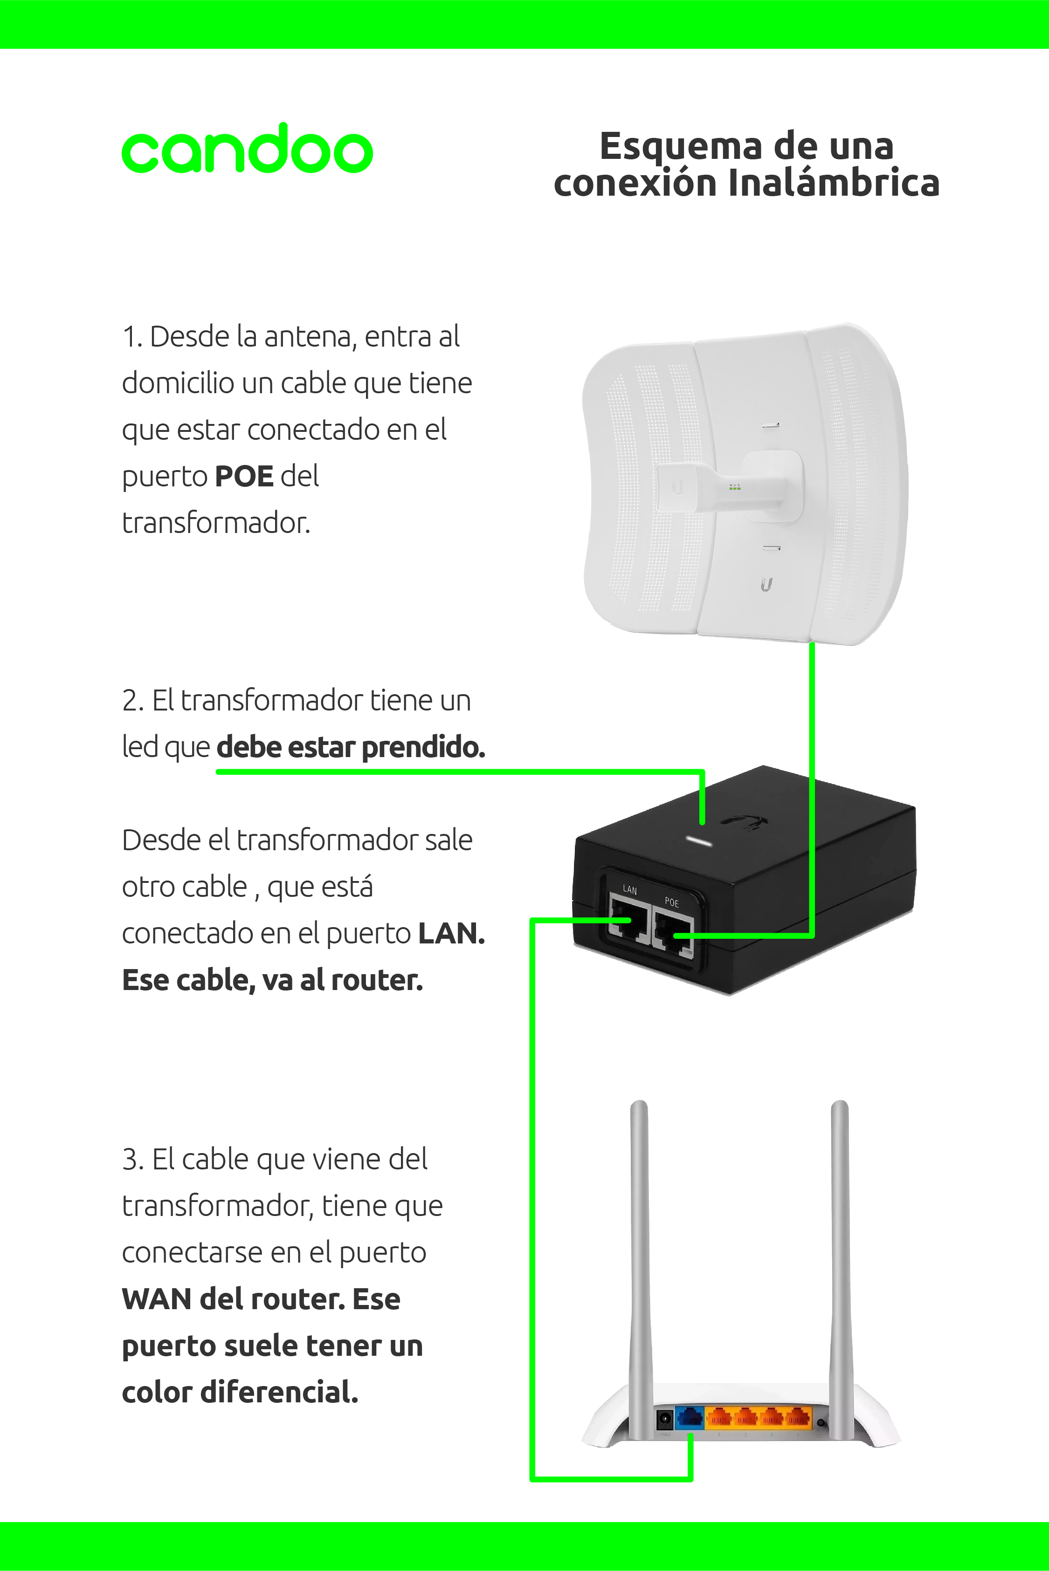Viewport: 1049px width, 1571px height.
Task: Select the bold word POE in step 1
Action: tap(244, 476)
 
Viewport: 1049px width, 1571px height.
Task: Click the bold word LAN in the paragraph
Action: tap(452, 933)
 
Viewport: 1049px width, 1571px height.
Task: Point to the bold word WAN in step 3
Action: tap(157, 1299)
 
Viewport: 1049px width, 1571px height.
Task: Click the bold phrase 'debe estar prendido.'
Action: tap(351, 747)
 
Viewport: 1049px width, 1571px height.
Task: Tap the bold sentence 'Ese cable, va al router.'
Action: tap(272, 980)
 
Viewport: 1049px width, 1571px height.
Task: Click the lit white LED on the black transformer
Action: tap(700, 840)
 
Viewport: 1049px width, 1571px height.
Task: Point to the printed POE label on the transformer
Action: tap(672, 902)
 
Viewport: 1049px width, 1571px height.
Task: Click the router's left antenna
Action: tap(640, 1270)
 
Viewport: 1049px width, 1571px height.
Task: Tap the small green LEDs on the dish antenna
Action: tap(735, 487)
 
